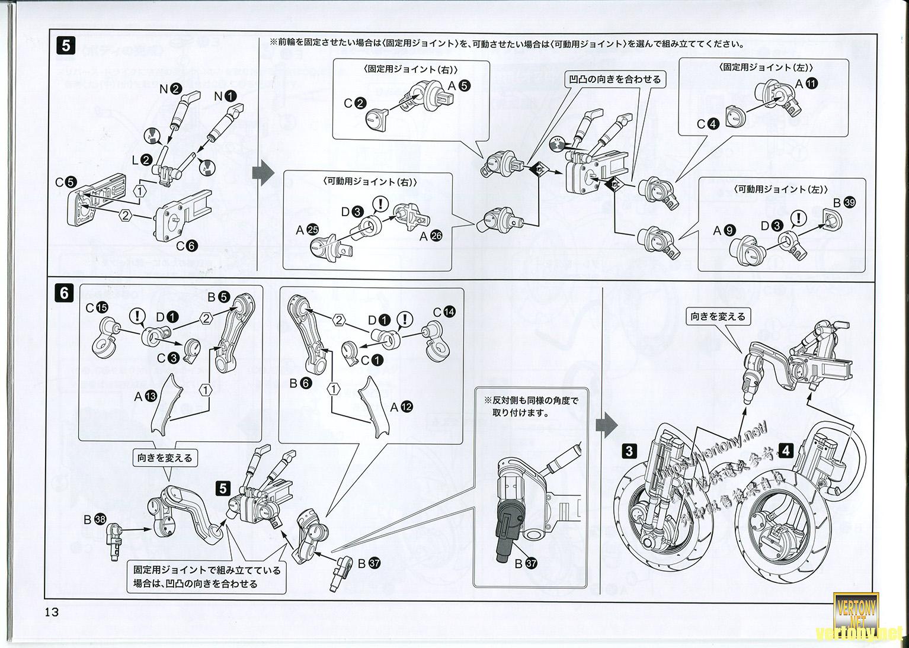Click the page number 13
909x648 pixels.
pyautogui.click(x=52, y=612)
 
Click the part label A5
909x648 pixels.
pyautogui.click(x=459, y=85)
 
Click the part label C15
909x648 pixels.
pyautogui.click(x=97, y=307)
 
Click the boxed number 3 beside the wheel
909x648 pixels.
pyautogui.click(x=629, y=451)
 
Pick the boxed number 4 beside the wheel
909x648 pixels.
pyautogui.click(x=786, y=451)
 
